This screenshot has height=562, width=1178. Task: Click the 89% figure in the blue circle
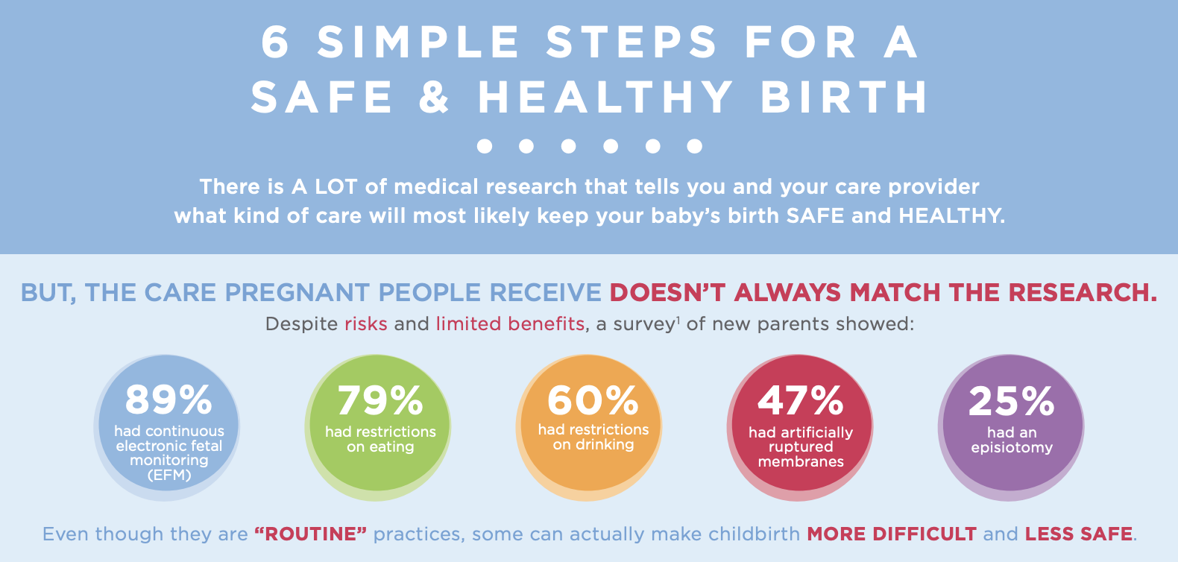pyautogui.click(x=168, y=400)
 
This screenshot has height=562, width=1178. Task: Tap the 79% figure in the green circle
pyautogui.click(x=380, y=401)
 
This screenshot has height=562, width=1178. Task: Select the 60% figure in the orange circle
pyautogui.click(x=593, y=401)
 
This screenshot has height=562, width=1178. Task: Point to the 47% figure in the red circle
pyautogui.click(x=801, y=401)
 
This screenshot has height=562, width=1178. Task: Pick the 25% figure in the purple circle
pyautogui.click(x=1011, y=401)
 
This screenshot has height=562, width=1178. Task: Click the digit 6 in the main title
pyautogui.click(x=275, y=42)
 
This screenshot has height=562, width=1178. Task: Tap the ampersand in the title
pyautogui.click(x=435, y=98)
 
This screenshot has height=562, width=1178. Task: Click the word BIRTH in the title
pyautogui.click(x=844, y=98)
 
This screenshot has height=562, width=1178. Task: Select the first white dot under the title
pyautogui.click(x=485, y=146)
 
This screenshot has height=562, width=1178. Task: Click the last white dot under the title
pyautogui.click(x=695, y=146)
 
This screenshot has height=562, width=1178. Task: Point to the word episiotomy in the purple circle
pyautogui.click(x=1012, y=448)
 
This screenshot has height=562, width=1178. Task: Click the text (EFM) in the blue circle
pyautogui.click(x=169, y=476)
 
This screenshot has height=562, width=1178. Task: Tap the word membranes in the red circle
pyautogui.click(x=801, y=462)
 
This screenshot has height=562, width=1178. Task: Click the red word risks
pyautogui.click(x=365, y=324)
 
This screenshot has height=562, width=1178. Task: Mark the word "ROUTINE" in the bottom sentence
pyautogui.click(x=311, y=534)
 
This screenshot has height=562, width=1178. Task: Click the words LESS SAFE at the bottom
pyautogui.click(x=1078, y=534)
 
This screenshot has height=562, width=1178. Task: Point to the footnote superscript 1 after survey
pyautogui.click(x=678, y=320)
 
